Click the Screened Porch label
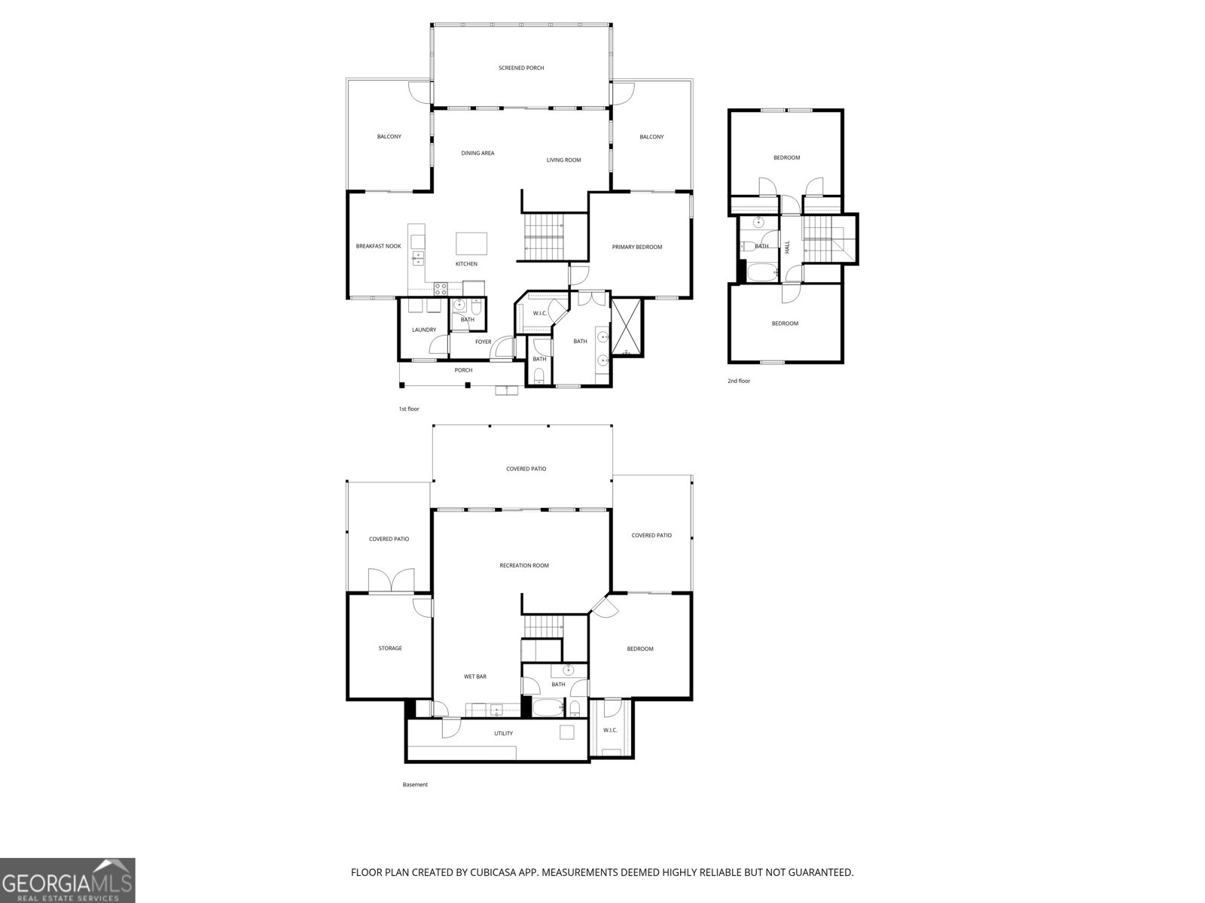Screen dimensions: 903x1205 521,68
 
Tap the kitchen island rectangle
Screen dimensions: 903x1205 471,244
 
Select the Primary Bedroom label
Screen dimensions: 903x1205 637,248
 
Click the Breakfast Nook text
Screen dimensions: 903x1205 379,246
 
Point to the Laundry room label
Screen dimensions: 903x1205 424,330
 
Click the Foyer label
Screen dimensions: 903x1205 483,342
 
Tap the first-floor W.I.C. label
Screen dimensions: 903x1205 539,313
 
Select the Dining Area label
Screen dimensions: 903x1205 477,154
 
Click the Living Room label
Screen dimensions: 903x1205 563,160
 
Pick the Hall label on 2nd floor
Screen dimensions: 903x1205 788,246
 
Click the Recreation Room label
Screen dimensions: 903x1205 524,566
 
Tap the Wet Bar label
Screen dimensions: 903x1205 474,677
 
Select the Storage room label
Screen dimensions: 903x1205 390,649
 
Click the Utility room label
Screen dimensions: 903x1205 503,734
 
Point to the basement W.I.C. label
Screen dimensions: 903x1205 610,731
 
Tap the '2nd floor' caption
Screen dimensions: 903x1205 739,382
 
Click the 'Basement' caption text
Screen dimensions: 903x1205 415,785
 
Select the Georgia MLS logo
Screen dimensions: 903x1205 68,880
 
